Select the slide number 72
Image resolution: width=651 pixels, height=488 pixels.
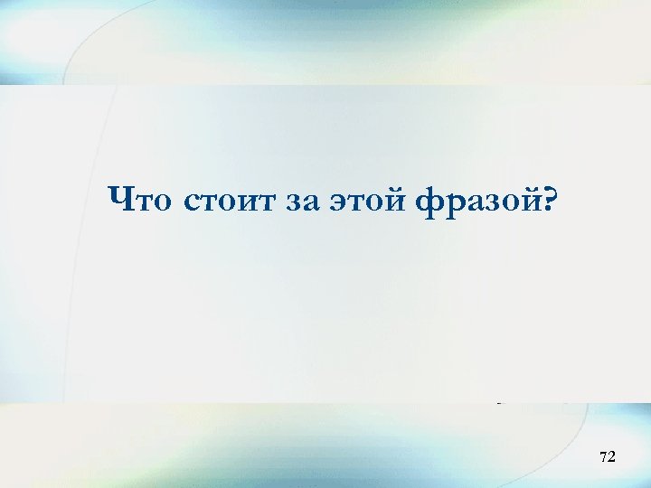point(607,458)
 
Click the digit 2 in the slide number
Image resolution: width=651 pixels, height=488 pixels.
point(611,458)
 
